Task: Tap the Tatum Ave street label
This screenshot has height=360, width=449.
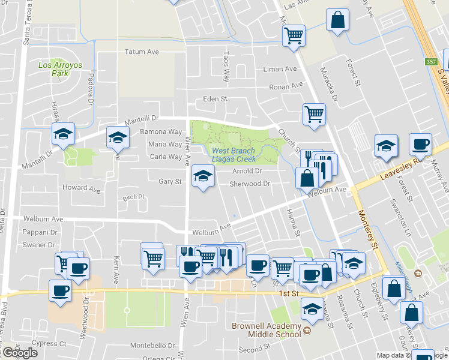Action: click(142, 52)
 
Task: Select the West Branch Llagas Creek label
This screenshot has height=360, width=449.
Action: click(234, 155)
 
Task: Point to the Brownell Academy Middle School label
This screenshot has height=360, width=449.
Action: click(265, 330)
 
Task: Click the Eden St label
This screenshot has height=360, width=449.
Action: click(215, 99)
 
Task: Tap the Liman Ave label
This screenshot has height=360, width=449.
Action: click(280, 70)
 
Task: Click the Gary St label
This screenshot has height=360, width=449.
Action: click(170, 181)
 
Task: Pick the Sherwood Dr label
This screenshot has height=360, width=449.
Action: click(251, 184)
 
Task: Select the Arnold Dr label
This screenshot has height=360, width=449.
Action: click(247, 171)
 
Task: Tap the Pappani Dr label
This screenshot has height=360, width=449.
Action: click(41, 232)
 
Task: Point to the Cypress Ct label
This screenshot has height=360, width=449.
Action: click(49, 344)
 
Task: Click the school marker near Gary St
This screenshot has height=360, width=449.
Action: click(203, 176)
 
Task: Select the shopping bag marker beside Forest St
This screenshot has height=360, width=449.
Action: click(338, 19)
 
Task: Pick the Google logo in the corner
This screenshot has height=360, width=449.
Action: click(19, 353)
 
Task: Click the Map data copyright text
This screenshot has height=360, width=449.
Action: click(390, 355)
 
